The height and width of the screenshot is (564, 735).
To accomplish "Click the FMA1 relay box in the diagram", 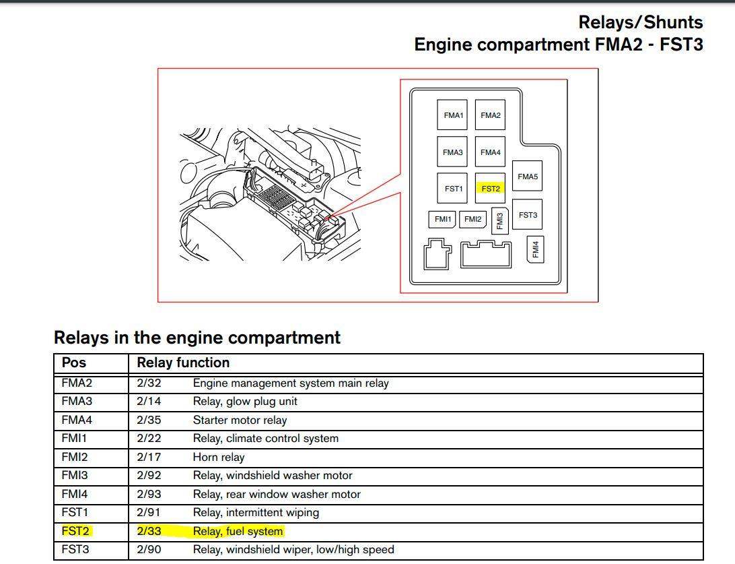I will (x=454, y=115).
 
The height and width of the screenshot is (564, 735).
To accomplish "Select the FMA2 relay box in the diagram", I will (x=490, y=115).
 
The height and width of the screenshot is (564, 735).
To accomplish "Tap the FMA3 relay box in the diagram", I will (x=453, y=152).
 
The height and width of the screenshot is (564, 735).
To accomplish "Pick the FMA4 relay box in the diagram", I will (x=490, y=152).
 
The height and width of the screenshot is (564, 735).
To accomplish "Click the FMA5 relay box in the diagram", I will (x=528, y=177).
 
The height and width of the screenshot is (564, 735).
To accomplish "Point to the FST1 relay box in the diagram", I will (x=454, y=189).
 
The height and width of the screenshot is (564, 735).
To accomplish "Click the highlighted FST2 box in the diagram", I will (x=491, y=189).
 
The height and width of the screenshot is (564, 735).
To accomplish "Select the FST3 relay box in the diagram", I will (x=528, y=216).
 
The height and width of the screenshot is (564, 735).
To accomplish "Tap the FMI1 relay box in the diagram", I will (x=442, y=219).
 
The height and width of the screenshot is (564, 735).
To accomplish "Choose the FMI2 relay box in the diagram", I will (x=473, y=219).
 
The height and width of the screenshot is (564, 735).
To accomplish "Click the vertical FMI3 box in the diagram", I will (x=499, y=220).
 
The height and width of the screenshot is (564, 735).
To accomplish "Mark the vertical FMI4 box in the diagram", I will (x=535, y=250).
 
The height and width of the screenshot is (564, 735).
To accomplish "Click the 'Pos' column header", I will (x=74, y=363).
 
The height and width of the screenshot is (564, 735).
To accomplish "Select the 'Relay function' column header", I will (x=183, y=363).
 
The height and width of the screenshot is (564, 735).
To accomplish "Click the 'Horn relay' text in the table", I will (x=219, y=457).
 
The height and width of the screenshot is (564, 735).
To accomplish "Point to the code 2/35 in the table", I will (x=149, y=420).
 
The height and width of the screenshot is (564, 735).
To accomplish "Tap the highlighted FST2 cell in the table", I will (x=75, y=531).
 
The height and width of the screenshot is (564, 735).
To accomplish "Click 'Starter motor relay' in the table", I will (x=240, y=420).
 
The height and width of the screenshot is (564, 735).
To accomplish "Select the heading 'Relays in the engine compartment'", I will (x=197, y=337).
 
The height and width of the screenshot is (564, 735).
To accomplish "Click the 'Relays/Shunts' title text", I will (x=640, y=22).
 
